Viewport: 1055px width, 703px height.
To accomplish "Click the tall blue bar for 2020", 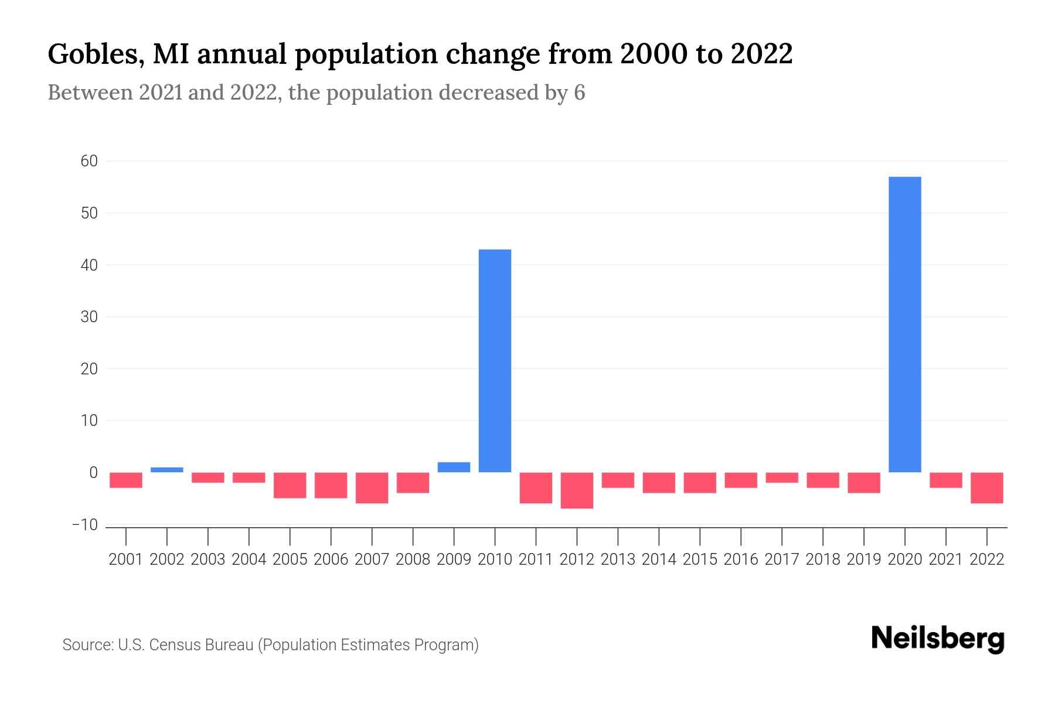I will [904, 324].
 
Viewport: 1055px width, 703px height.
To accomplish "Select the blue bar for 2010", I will [495, 361].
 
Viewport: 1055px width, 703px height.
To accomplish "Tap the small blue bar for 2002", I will [167, 470].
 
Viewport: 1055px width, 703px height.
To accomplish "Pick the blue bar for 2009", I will [454, 467].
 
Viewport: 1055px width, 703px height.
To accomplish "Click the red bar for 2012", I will [577, 490].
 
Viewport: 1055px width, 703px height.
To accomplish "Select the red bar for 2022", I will [986, 487].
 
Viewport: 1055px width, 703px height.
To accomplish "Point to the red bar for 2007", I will [372, 487].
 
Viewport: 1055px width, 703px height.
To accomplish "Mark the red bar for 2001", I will [126, 480].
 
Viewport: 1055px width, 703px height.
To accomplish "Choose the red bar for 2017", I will [782, 477].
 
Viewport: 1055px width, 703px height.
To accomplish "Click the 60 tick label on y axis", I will [89, 161].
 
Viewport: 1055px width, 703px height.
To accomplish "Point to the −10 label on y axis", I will [85, 525].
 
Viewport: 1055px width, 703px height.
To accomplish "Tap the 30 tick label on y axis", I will [89, 317].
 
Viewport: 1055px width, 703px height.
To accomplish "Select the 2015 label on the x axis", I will [700, 559].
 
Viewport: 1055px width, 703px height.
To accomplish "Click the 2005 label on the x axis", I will [290, 559].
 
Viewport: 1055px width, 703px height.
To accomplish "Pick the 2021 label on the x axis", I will [945, 559].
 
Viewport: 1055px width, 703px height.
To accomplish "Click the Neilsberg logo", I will [938, 639].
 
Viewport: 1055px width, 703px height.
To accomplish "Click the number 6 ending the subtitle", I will [579, 93].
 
